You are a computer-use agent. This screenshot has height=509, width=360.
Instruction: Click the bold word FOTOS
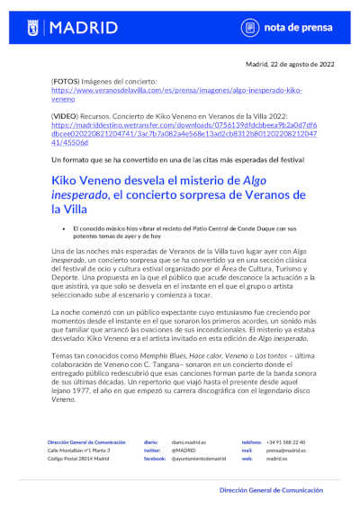pyautogui.click(x=65, y=82)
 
